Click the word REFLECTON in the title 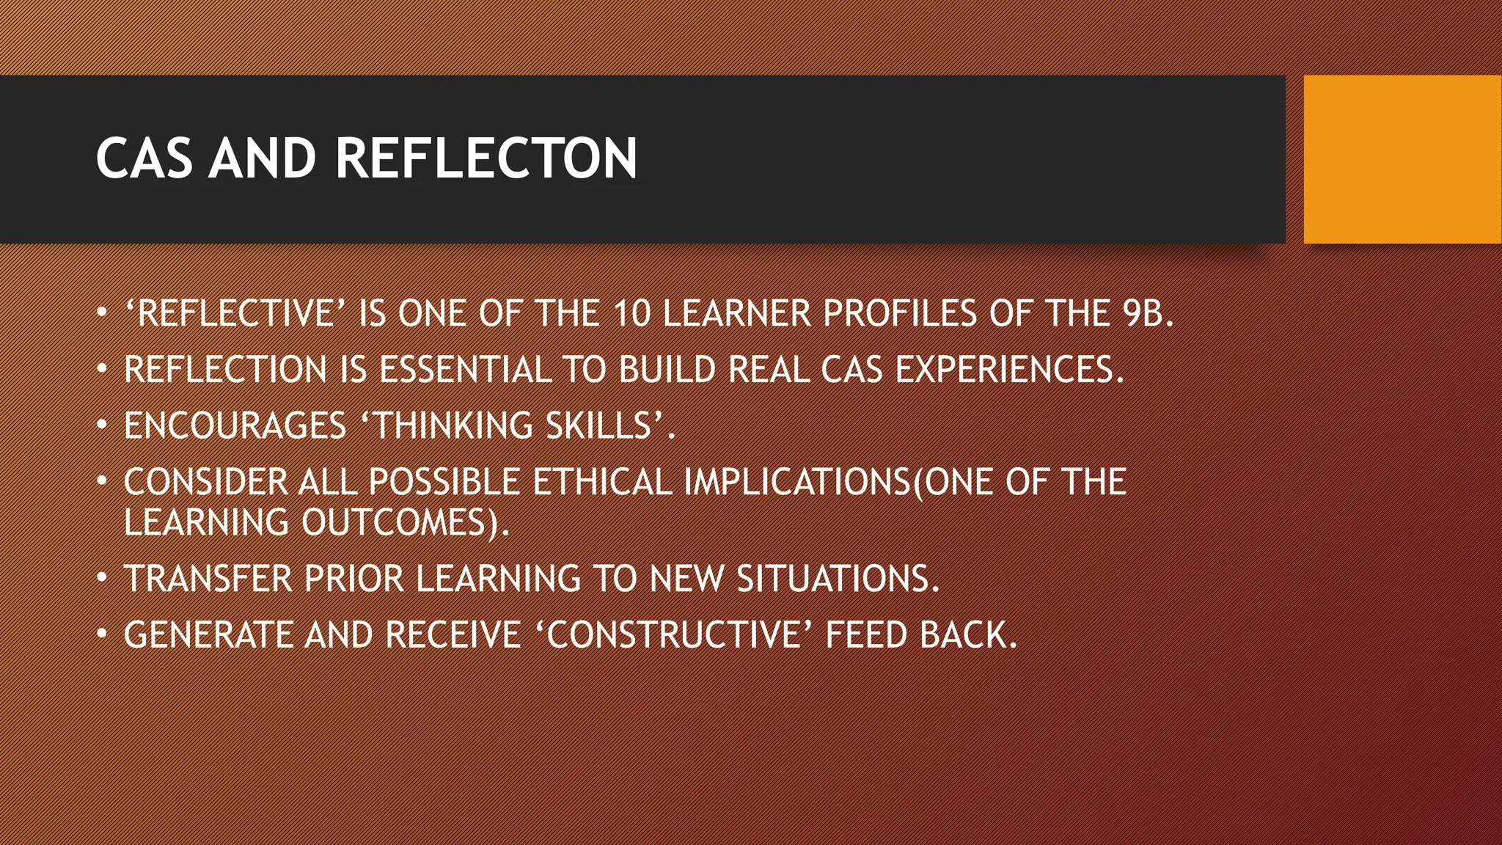(486, 158)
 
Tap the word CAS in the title (144, 158)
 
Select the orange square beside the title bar (1402, 159)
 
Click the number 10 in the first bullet (631, 314)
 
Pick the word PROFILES (899, 314)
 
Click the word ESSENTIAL (465, 370)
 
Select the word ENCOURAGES (235, 426)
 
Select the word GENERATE (208, 635)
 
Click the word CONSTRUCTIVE (673, 635)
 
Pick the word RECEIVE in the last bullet (453, 635)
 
